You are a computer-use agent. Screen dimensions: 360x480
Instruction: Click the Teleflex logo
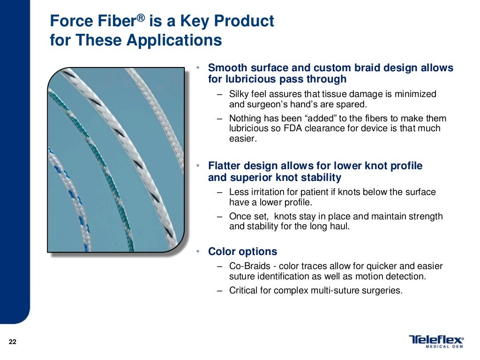click(x=436, y=340)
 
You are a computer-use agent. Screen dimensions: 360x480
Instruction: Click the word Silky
click(x=240, y=94)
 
